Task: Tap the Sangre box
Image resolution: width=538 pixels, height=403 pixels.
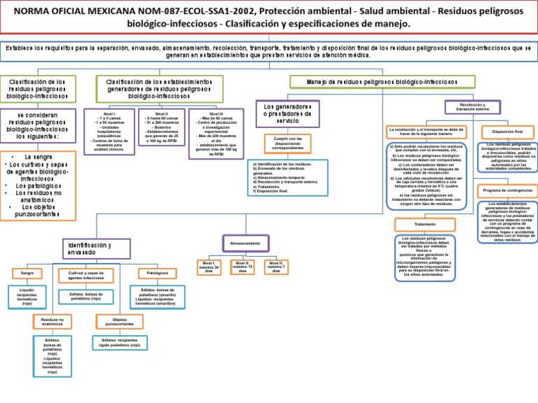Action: coord(27,272)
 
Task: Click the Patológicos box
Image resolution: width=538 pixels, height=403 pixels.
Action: coord(157,272)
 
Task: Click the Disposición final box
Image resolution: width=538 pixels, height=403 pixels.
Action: coord(508,132)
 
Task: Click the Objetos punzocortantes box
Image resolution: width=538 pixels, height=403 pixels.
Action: coord(115,321)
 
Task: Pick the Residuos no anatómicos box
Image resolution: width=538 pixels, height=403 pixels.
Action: coord(53,321)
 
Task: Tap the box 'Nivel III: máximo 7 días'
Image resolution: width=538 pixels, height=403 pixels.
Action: coord(276,267)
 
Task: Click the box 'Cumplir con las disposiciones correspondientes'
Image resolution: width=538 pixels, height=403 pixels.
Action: coord(288,143)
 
